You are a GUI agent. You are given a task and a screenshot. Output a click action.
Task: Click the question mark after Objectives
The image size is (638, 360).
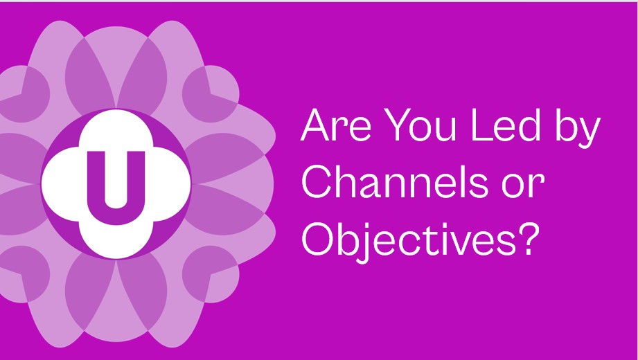529,240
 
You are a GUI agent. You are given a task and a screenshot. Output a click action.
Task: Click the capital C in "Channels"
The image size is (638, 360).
317,186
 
